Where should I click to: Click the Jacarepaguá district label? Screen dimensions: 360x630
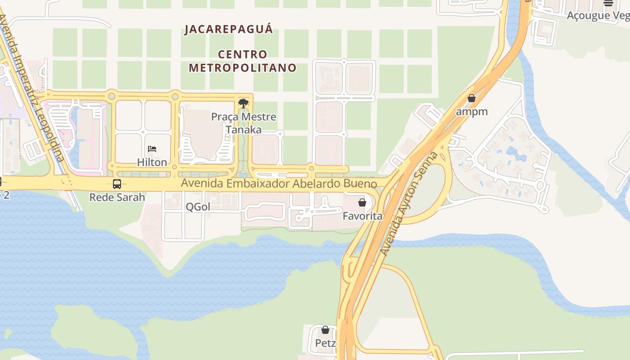click(229, 29)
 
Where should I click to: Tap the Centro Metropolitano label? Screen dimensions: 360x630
click(243, 61)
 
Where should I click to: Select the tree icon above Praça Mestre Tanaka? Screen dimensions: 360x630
click(243, 103)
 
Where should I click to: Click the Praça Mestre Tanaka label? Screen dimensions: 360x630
click(243, 123)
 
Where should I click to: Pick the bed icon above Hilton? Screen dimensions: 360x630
click(152, 149)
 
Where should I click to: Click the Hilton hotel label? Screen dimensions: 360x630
click(152, 162)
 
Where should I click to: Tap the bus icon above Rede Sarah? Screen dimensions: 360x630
click(117, 184)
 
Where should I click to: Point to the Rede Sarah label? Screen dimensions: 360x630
click(117, 197)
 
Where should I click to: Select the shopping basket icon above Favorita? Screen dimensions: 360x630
click(362, 202)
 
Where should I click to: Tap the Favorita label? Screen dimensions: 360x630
click(362, 216)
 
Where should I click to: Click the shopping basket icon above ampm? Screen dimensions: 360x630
click(472, 98)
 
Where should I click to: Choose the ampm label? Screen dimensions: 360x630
click(472, 111)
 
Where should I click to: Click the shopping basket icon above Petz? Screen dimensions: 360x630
click(325, 330)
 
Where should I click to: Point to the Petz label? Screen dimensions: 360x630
click(325, 343)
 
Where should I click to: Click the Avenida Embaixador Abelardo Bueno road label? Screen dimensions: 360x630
click(279, 184)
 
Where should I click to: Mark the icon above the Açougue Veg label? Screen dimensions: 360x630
click(608, 3)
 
